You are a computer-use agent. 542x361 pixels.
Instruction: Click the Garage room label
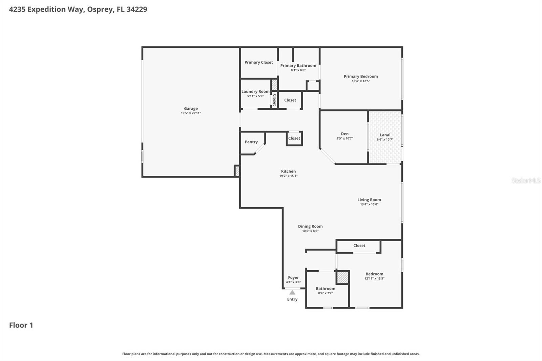click(191, 109)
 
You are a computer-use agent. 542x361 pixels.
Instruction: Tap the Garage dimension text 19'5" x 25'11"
click(191, 113)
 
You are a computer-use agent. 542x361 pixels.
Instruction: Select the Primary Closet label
click(258, 62)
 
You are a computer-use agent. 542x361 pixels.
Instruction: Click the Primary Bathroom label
click(298, 66)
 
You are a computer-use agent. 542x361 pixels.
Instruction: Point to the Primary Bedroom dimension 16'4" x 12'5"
click(360, 81)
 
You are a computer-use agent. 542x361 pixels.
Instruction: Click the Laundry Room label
click(255, 91)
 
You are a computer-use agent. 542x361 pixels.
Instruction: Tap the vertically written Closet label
click(275, 100)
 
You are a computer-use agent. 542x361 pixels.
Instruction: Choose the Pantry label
click(251, 142)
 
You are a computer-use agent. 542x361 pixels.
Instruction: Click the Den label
click(345, 134)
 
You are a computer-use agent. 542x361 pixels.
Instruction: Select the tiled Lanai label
click(385, 135)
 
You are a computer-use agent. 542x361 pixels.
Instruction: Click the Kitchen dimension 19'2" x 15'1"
click(288, 176)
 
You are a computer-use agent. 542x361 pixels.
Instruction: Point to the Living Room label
click(369, 200)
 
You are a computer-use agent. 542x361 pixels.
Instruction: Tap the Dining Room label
click(310, 226)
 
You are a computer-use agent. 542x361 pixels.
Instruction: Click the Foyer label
click(293, 277)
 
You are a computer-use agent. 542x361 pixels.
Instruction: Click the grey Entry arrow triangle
click(292, 292)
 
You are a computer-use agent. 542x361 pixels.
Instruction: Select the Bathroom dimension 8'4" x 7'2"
click(325, 293)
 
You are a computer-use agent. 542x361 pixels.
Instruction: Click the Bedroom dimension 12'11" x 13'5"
click(374, 278)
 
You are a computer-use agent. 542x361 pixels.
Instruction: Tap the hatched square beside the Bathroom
click(342, 278)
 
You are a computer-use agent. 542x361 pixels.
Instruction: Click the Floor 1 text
click(21, 325)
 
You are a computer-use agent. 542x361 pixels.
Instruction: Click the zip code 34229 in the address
click(137, 9)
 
